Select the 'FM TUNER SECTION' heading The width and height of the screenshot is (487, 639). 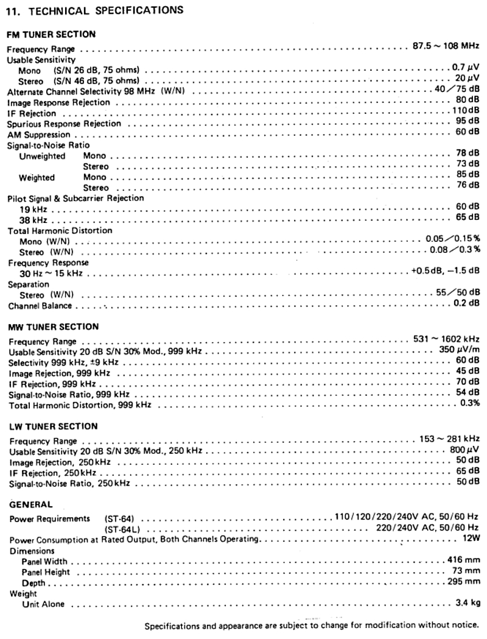click(51, 35)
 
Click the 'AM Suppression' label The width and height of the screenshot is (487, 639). click(39, 135)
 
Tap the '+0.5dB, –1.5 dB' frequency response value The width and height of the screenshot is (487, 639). click(445, 271)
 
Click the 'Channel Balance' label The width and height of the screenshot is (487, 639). click(40, 305)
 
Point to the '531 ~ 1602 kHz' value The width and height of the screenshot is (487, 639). click(446, 339)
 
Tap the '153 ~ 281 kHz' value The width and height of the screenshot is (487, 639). click(449, 438)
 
